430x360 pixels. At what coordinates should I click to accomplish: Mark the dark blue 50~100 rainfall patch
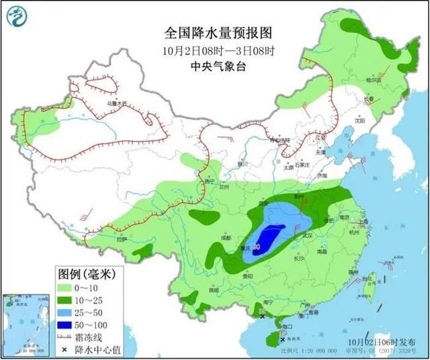click(x=269, y=238)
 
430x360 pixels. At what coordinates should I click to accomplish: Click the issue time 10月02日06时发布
click(x=382, y=341)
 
